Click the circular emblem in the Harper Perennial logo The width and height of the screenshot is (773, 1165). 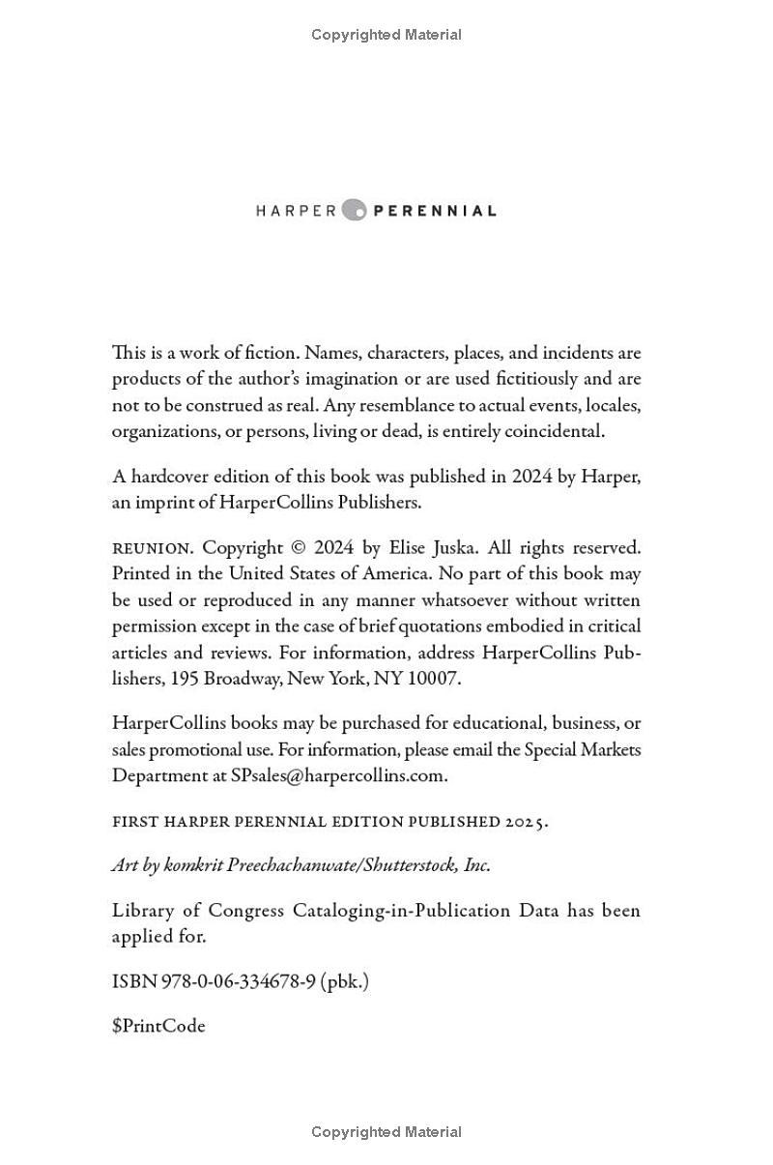pos(355,210)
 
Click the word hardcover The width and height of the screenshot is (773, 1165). pos(172,477)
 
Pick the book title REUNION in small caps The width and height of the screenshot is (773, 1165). pos(152,548)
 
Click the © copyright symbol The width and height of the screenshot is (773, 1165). pos(299,548)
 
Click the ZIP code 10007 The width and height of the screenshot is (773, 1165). pos(433,679)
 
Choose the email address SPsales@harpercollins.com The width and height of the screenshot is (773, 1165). pos(338,775)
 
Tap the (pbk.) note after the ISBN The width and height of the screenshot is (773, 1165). pos(345,981)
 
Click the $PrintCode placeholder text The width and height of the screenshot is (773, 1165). pos(158,1026)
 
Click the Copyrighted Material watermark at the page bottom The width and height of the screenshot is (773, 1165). pos(386,1132)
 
